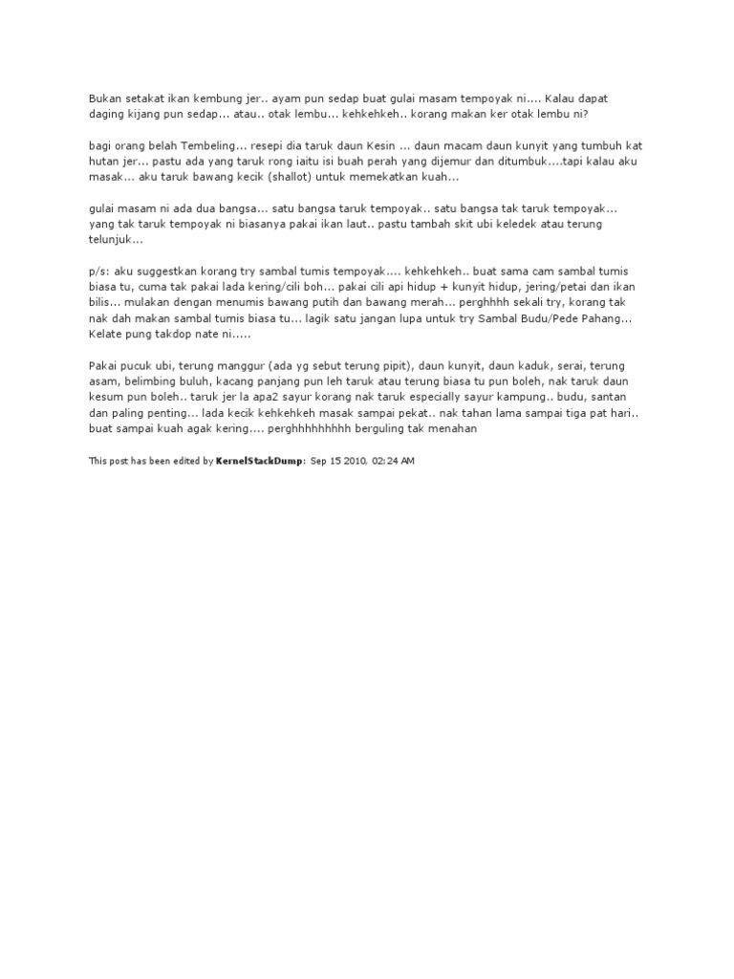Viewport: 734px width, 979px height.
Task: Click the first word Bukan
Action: pyautogui.click(x=104, y=97)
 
